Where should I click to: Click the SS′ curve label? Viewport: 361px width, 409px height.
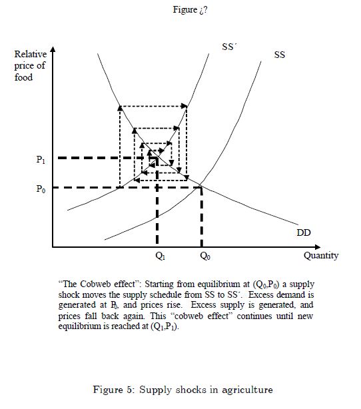(x=229, y=47)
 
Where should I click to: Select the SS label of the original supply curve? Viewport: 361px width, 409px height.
(x=279, y=55)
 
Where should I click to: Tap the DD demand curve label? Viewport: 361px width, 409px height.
(x=304, y=232)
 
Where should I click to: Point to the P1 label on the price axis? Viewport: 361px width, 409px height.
(x=41, y=159)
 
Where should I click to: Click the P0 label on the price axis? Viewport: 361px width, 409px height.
(x=41, y=189)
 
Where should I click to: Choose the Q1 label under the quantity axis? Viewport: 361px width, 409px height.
(x=160, y=256)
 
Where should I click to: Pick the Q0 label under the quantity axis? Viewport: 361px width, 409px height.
(x=204, y=256)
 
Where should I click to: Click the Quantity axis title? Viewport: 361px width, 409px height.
(x=321, y=256)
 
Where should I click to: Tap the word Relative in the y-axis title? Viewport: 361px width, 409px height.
(x=31, y=54)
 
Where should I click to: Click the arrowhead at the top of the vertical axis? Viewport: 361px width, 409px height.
(x=53, y=49)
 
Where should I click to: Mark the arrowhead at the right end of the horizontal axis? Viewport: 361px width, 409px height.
(x=317, y=246)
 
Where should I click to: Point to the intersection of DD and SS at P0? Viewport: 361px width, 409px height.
(x=200, y=186)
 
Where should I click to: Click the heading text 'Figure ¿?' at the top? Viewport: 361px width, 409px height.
(x=190, y=10)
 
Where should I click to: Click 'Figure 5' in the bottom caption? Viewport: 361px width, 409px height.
(x=114, y=390)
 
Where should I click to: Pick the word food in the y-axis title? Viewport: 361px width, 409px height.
(x=23, y=77)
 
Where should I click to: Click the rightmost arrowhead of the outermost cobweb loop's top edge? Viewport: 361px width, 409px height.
(x=184, y=106)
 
